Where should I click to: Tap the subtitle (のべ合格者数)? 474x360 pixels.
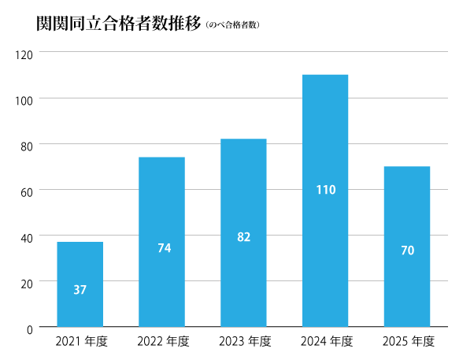click(232, 25)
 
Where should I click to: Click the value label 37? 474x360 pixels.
click(80, 290)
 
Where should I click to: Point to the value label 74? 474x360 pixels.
click(164, 248)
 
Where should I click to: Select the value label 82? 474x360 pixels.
click(243, 236)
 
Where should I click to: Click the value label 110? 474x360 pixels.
click(325, 190)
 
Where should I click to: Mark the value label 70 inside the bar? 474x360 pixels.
click(407, 251)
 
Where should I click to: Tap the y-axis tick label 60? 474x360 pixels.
click(27, 191)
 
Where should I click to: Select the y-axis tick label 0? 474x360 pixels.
click(30, 328)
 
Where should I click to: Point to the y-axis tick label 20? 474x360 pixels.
click(27, 282)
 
